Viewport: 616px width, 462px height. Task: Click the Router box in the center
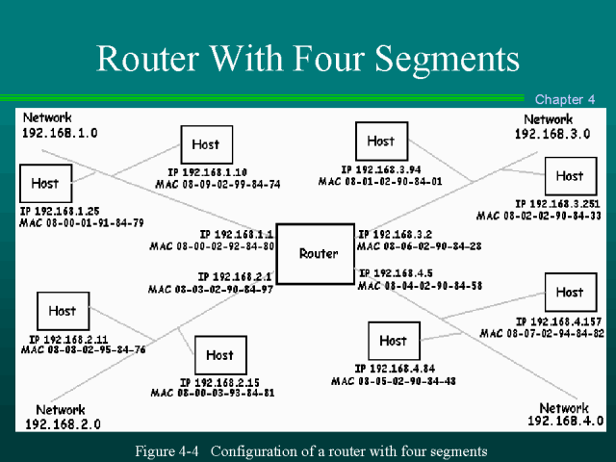pos(319,253)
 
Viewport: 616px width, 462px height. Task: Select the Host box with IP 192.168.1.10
pos(205,144)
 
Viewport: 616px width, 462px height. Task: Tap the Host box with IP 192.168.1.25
pos(44,183)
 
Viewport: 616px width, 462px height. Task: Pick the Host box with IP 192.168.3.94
pos(380,141)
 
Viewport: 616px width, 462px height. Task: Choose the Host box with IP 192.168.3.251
pos(569,176)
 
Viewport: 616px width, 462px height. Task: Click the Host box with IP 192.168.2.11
pos(62,311)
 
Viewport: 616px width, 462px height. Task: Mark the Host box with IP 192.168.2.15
pos(219,355)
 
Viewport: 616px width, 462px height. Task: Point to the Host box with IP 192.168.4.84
pos(393,341)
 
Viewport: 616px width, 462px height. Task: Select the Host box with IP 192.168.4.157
pos(569,292)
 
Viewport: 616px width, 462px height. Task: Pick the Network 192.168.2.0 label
pos(62,416)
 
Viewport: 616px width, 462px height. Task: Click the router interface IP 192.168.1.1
pos(237,234)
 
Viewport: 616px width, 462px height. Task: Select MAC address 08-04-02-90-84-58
pos(420,286)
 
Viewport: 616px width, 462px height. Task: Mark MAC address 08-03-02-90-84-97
pos(212,289)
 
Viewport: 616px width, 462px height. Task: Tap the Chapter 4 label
pos(565,99)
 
